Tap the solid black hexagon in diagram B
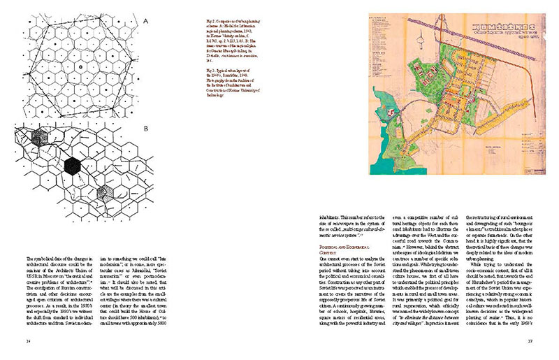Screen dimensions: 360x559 coord(71,165)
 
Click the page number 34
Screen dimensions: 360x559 coord(28,340)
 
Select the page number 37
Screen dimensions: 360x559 coord(530,340)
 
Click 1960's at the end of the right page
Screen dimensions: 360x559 coord(528,328)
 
